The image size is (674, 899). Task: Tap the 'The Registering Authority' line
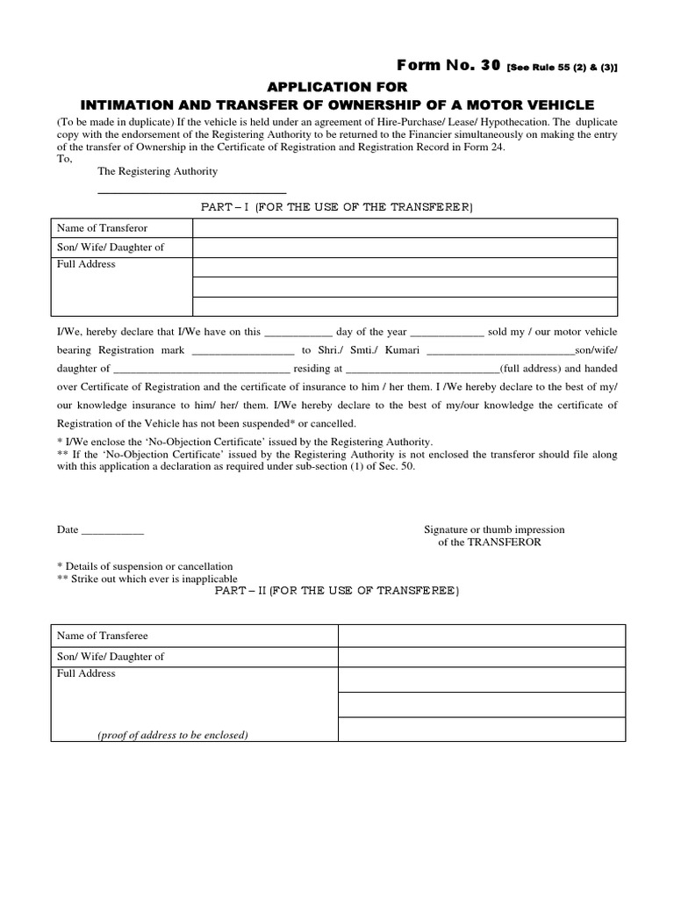158,171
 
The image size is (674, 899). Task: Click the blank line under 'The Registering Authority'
191,191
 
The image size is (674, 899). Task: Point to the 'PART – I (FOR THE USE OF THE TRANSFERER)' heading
337,207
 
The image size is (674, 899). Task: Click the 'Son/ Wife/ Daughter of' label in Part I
111,248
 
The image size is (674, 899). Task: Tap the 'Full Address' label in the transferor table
86,264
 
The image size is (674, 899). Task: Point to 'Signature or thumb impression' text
494,529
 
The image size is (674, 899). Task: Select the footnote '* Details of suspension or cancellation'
145,566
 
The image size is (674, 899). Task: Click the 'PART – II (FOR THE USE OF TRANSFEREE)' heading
337,592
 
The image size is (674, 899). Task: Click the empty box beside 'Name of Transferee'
482,636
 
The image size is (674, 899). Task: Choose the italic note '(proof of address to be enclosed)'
172,735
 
